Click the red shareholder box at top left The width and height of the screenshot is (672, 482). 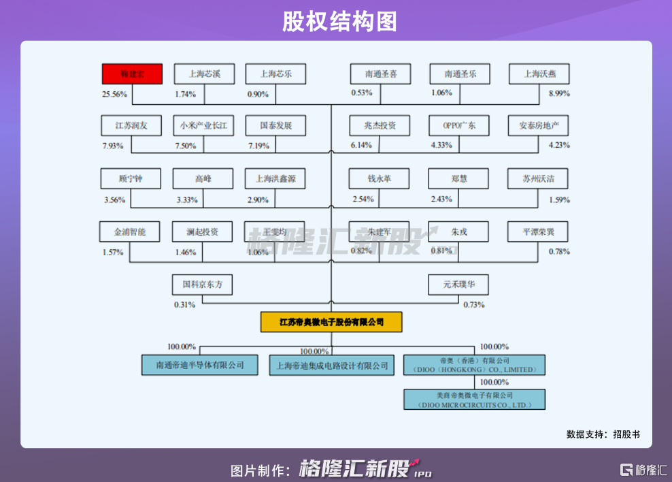(133, 74)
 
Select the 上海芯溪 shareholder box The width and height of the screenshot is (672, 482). (203, 74)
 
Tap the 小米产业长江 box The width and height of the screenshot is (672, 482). (203, 126)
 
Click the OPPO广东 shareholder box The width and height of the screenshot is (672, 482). (459, 126)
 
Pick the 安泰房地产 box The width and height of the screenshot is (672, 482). (539, 126)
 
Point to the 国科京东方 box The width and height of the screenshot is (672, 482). (203, 285)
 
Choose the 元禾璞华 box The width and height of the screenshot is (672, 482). (458, 285)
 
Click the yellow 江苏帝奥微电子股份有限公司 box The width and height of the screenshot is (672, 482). (331, 321)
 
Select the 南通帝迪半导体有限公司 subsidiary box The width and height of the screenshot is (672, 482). (200, 365)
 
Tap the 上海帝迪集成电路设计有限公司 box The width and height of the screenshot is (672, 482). (331, 365)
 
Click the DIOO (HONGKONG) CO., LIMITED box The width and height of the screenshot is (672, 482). (474, 365)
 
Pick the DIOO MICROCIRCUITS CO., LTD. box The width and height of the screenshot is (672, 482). (474, 399)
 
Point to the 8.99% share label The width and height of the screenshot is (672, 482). (559, 94)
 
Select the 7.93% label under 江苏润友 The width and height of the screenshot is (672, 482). (113, 146)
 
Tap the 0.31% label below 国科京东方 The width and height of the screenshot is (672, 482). (184, 304)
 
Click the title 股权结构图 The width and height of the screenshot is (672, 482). (336, 22)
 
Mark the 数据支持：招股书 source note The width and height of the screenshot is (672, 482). (603, 434)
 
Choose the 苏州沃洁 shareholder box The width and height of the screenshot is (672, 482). (538, 179)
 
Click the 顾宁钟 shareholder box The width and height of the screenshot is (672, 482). (131, 179)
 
